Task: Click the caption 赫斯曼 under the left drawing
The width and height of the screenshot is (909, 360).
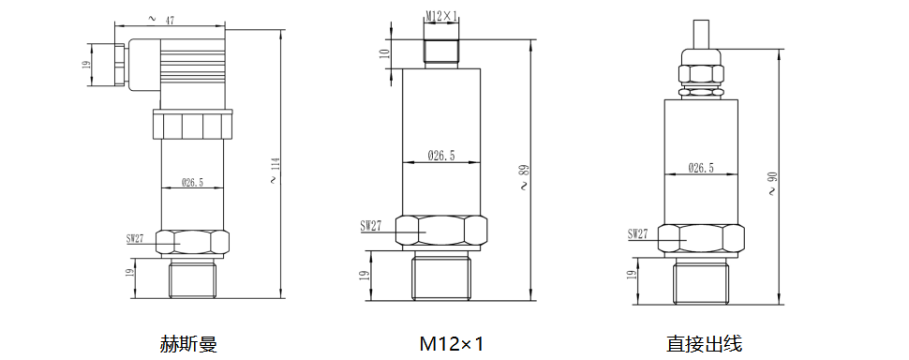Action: tap(187, 344)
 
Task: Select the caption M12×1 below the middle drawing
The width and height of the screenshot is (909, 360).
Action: tap(452, 344)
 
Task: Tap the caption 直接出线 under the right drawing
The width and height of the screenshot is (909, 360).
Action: tap(704, 344)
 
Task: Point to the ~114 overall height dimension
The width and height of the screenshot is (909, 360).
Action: tap(274, 171)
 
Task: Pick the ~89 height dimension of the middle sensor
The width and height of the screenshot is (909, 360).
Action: tap(524, 178)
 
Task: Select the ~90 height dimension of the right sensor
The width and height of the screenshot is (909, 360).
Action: tap(771, 183)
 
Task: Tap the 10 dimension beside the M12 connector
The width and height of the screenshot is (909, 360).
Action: tap(383, 54)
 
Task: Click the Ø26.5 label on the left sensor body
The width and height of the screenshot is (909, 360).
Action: tap(192, 182)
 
